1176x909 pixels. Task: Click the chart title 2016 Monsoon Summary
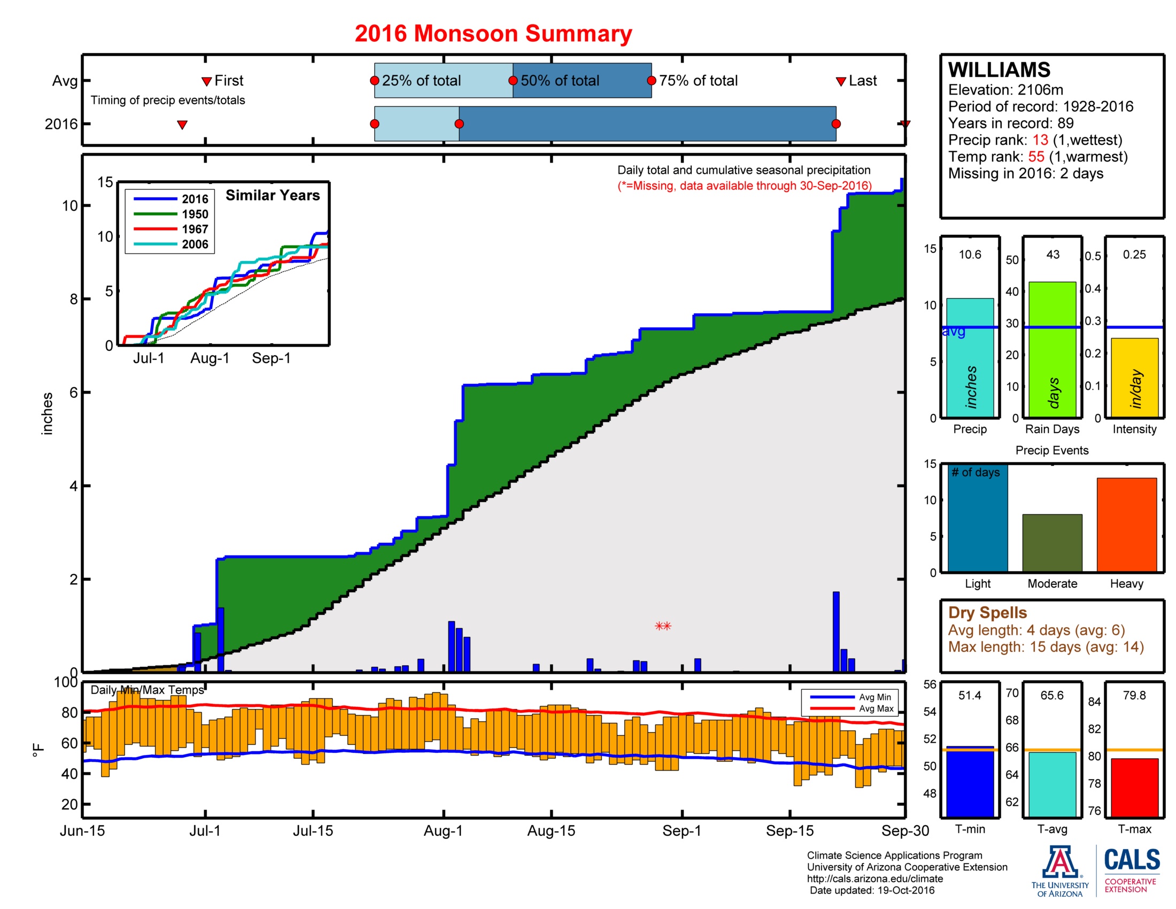point(493,33)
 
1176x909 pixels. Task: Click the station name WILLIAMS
point(999,70)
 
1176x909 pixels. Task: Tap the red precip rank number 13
point(1040,140)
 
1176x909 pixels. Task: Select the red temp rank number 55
point(1036,157)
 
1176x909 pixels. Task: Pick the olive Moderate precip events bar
point(1051,542)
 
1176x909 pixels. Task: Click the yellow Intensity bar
point(1134,377)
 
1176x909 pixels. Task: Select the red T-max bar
point(1134,787)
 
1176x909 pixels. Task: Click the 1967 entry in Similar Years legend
point(195,229)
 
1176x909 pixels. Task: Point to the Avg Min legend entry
point(875,697)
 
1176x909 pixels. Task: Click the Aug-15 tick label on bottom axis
point(551,830)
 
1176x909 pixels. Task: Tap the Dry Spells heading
point(987,612)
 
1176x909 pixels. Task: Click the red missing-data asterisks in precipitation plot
point(663,626)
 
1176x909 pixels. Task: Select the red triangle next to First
point(206,81)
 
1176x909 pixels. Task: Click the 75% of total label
point(698,81)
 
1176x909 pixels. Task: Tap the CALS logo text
point(1132,860)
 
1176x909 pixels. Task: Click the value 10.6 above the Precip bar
point(969,254)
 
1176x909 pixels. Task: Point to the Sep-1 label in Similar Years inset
point(271,358)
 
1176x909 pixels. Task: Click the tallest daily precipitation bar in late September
point(835,631)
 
